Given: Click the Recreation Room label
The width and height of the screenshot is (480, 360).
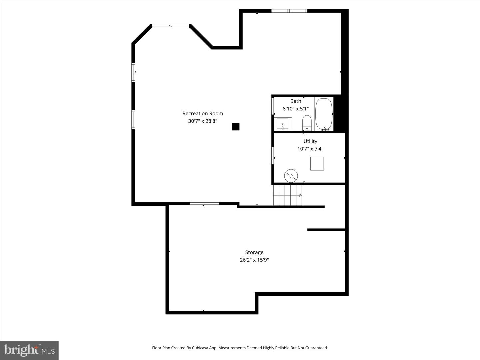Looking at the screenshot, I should (x=203, y=114).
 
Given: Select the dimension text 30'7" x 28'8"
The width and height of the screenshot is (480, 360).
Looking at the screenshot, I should (x=203, y=121).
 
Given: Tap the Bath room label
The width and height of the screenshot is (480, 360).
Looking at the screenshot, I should (x=296, y=101).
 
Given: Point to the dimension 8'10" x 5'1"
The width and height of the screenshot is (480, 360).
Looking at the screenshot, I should (x=296, y=109).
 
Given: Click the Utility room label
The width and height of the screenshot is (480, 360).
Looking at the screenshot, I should (x=310, y=141).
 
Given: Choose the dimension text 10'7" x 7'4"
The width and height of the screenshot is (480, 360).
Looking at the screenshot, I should (x=310, y=149).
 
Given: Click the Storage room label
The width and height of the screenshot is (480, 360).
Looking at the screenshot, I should (x=254, y=253).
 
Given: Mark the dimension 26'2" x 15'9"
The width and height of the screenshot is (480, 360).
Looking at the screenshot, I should (x=254, y=260).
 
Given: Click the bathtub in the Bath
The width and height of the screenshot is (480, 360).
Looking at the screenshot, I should (x=324, y=114).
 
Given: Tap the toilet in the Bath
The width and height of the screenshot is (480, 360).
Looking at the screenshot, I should (x=307, y=122).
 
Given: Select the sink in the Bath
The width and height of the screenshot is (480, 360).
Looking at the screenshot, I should (x=283, y=124).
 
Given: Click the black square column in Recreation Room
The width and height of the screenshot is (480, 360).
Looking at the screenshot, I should (x=236, y=127).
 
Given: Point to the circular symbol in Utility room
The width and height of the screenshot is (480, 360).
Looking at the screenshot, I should (x=291, y=176).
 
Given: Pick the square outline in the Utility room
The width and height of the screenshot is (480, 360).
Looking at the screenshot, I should (x=317, y=164).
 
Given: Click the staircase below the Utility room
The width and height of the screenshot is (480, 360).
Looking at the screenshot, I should (x=287, y=195).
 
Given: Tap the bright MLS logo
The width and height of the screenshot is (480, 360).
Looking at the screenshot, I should (x=29, y=350).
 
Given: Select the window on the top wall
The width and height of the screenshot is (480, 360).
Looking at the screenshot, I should (x=289, y=11).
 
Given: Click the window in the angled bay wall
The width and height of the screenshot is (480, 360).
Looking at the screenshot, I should (x=171, y=25).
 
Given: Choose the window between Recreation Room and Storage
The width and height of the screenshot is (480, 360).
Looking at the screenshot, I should (x=205, y=203).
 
